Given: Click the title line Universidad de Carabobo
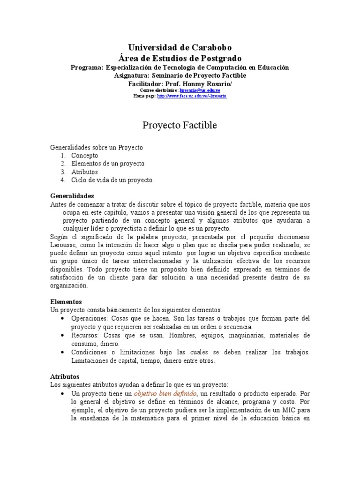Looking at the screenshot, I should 180,48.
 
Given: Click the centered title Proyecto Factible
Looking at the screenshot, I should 180,125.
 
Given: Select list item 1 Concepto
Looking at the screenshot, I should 84,155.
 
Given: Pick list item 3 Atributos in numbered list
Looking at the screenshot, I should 84,172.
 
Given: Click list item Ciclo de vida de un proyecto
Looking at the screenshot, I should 112,180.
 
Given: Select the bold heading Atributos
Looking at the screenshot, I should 65,376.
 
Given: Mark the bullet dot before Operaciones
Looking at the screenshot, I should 62,318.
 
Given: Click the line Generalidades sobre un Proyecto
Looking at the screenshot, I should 96,147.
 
